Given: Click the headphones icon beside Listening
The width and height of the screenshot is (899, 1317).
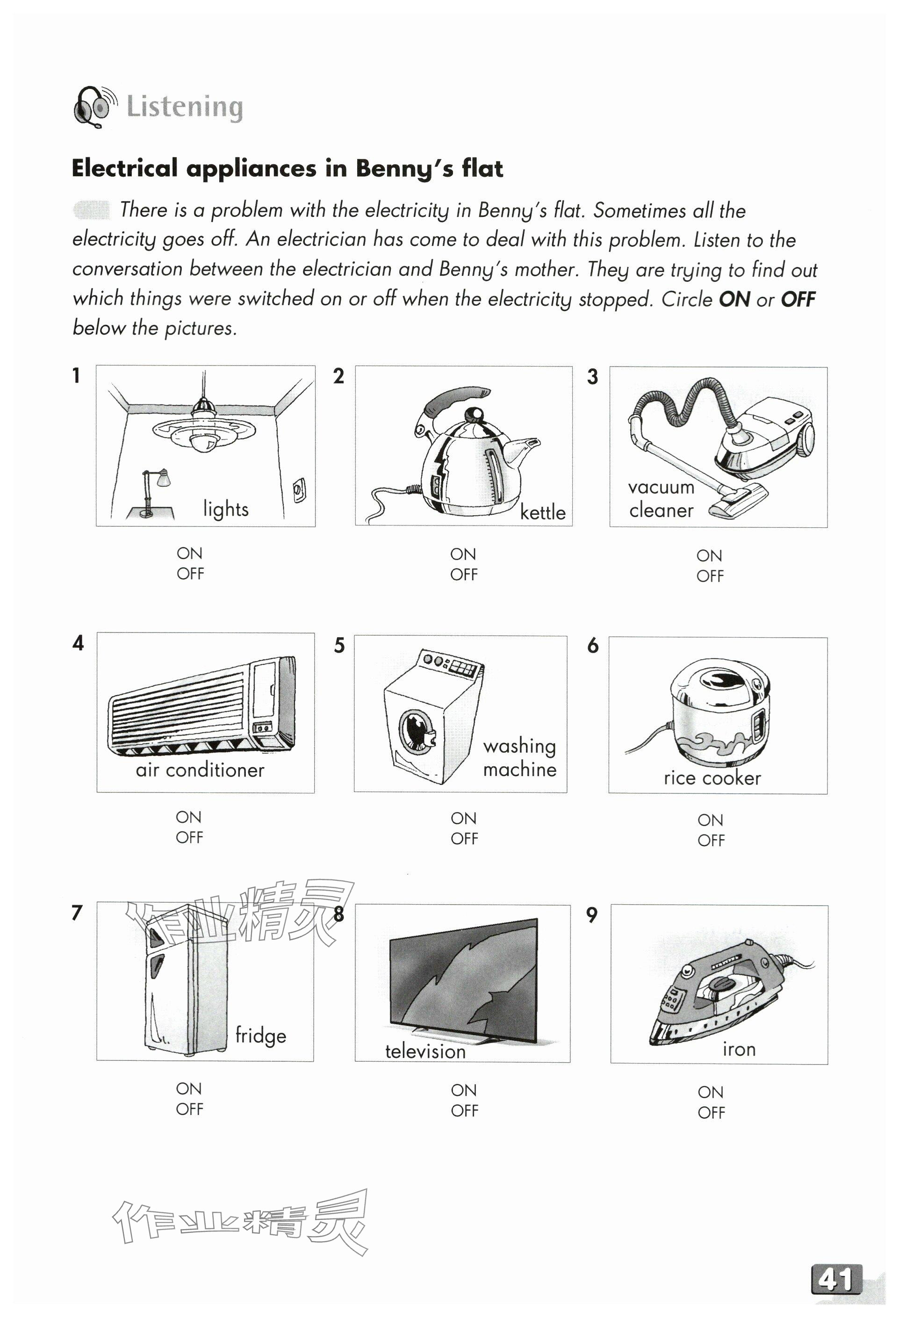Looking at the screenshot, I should pyautogui.click(x=94, y=107).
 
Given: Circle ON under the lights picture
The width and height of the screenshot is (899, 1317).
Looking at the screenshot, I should pyautogui.click(x=189, y=553).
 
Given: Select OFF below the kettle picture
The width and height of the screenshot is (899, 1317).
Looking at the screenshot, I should pyautogui.click(x=464, y=575).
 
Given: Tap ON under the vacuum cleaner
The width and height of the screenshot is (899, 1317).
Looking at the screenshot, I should pyautogui.click(x=709, y=555).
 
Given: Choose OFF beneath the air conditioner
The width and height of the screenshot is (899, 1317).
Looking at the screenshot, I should pyautogui.click(x=189, y=838).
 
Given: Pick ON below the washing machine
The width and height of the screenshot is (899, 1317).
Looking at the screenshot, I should pyautogui.click(x=464, y=818).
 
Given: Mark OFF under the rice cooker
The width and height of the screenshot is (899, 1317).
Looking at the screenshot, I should pyautogui.click(x=711, y=841).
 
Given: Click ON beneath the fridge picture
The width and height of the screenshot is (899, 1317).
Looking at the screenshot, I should pyautogui.click(x=189, y=1089).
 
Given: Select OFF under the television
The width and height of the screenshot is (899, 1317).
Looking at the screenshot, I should pyautogui.click(x=464, y=1111).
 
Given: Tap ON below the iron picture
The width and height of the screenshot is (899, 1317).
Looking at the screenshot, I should pyautogui.click(x=711, y=1092).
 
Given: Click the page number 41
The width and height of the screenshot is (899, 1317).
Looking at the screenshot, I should pyautogui.click(x=836, y=1280).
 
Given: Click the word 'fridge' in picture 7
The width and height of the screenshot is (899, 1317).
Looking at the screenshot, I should pyautogui.click(x=261, y=1036).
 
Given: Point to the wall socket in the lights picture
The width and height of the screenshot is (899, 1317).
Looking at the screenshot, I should pyautogui.click(x=299, y=489).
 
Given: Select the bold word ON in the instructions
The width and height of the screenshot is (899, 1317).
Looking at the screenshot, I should pyautogui.click(x=734, y=299).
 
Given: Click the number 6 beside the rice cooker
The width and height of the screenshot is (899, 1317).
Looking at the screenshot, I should pyautogui.click(x=593, y=646).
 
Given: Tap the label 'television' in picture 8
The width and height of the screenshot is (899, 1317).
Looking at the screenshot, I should pyautogui.click(x=425, y=1052).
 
